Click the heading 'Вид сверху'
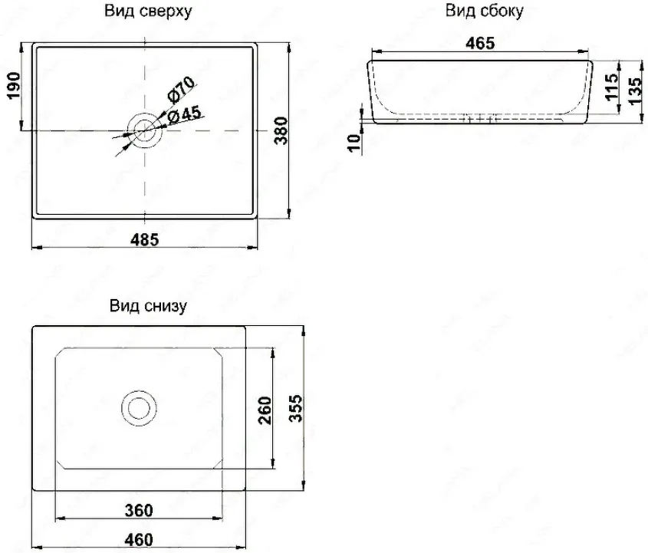(x=148, y=12)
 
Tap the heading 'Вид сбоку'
(x=484, y=11)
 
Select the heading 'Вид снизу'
(x=148, y=306)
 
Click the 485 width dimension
(x=145, y=239)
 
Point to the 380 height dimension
(x=281, y=130)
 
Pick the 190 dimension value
(x=14, y=86)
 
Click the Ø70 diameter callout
(x=181, y=89)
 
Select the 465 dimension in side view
(x=480, y=43)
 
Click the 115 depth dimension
(x=611, y=87)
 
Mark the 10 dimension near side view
(x=354, y=143)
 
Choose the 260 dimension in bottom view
(x=265, y=410)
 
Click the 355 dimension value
(x=295, y=408)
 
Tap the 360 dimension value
(x=139, y=510)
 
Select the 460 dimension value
(x=139, y=540)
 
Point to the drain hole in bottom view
(x=140, y=408)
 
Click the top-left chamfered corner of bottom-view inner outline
(x=61, y=353)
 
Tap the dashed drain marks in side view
(x=479, y=120)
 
